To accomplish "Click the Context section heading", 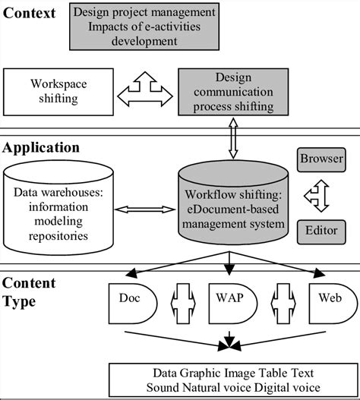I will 30,14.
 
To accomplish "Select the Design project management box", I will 145,26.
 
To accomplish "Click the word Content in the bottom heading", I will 29,284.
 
